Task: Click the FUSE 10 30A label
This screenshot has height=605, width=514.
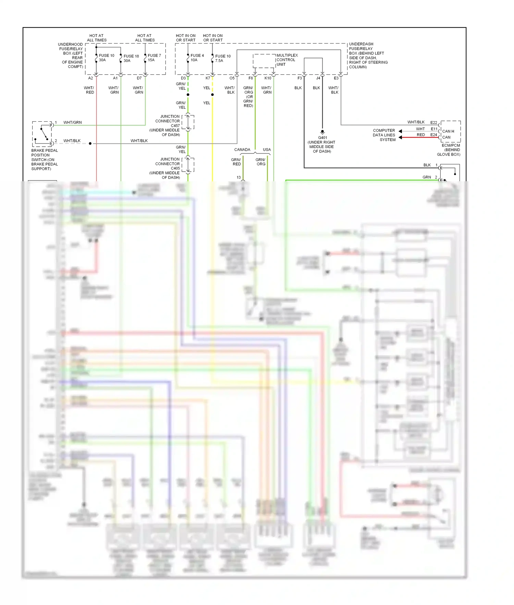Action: (x=106, y=58)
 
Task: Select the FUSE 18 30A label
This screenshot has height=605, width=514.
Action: (x=131, y=58)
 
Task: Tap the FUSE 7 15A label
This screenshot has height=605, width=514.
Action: (x=154, y=58)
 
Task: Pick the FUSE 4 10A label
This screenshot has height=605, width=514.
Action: (x=197, y=58)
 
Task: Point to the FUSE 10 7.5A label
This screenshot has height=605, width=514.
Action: (x=222, y=58)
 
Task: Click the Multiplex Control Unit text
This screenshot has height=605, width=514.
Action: (x=287, y=60)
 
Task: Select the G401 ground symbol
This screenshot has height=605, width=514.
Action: (x=322, y=132)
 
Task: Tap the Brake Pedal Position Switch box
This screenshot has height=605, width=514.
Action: (x=42, y=134)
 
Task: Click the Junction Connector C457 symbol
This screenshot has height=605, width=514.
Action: (x=188, y=122)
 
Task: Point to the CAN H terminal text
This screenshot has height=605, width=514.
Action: (x=448, y=131)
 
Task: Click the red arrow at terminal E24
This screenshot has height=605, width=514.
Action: (x=400, y=137)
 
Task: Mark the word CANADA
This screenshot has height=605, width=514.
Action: (x=242, y=150)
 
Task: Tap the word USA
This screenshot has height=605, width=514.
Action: (x=267, y=150)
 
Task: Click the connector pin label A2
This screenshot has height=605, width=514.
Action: (x=90, y=78)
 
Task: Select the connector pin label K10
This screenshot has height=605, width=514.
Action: (x=268, y=78)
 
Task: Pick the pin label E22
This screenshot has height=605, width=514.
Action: (x=433, y=123)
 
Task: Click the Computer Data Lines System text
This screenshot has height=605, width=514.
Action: (x=384, y=135)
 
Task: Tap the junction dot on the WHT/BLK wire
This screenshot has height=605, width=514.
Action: (x=90, y=144)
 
